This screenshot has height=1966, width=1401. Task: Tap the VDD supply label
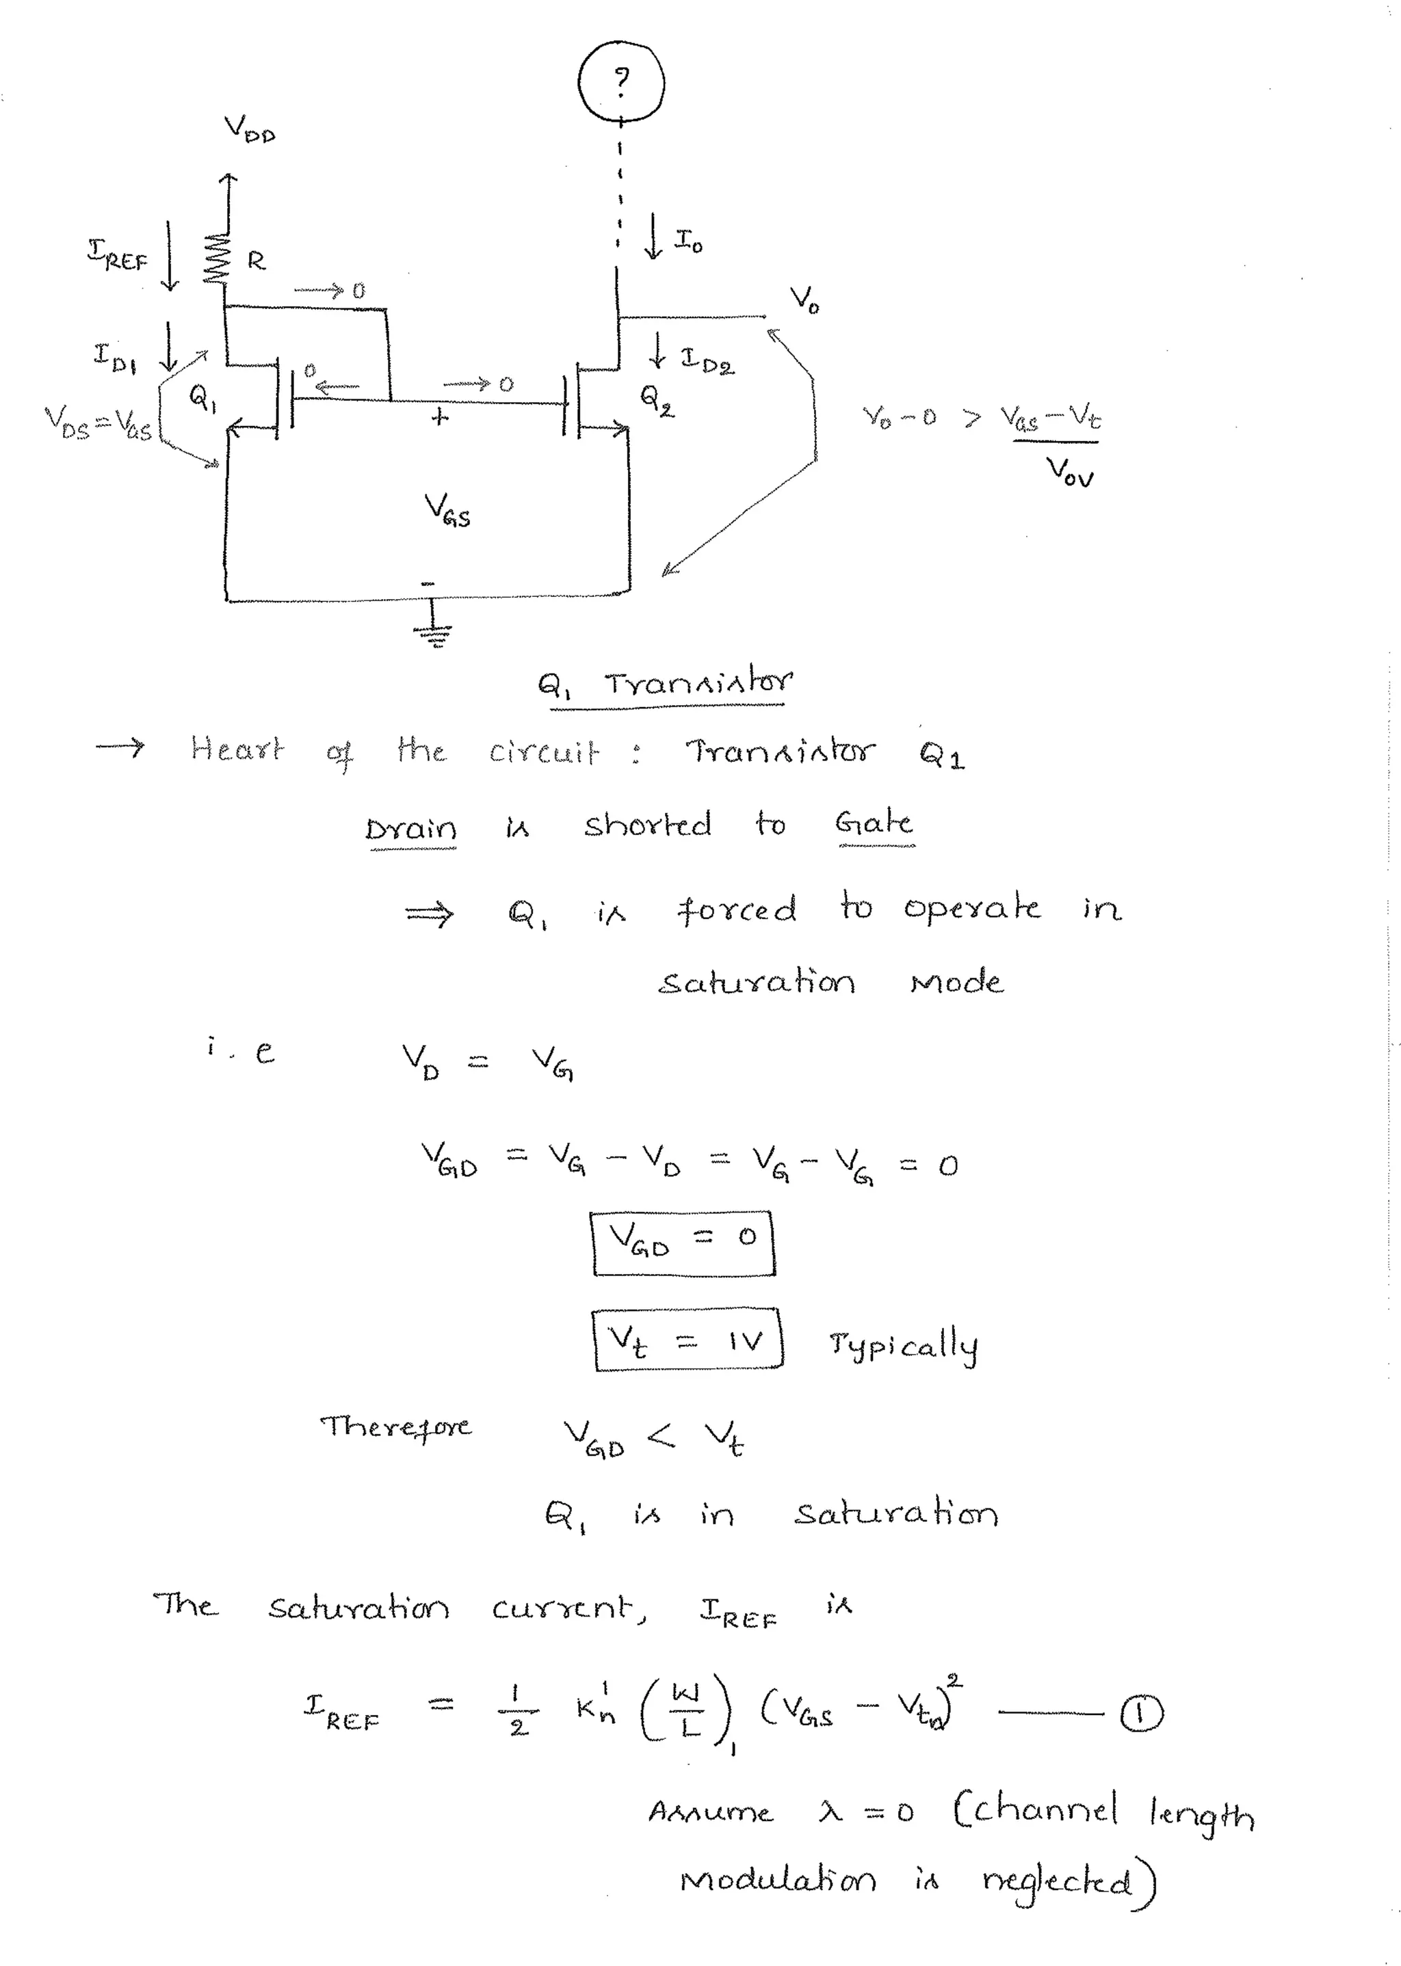(x=249, y=129)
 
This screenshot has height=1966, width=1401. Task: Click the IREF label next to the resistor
(x=118, y=256)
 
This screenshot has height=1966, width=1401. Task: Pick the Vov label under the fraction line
(x=1070, y=472)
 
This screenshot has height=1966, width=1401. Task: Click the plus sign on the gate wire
(x=440, y=417)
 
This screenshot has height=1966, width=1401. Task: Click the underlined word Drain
(x=410, y=829)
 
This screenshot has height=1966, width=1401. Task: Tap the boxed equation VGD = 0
(x=683, y=1243)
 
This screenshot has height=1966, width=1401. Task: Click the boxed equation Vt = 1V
(x=688, y=1339)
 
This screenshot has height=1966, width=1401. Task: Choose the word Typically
(x=903, y=1344)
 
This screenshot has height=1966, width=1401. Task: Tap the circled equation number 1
(x=1140, y=1714)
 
